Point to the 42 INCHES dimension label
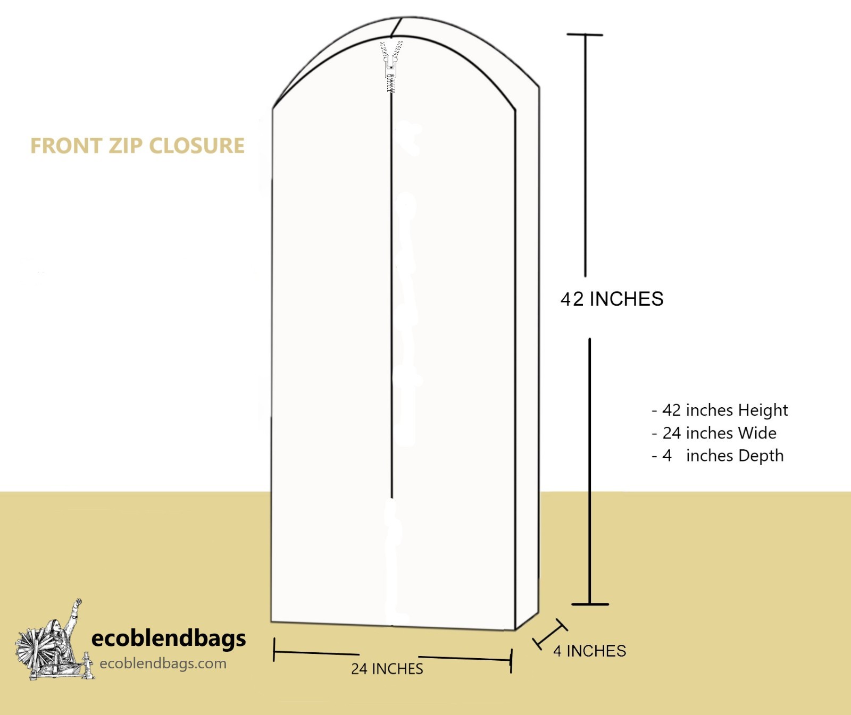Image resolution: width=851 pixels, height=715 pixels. coord(612,299)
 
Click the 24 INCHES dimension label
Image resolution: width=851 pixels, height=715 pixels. coord(387,669)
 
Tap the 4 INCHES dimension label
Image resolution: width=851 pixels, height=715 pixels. coord(589,651)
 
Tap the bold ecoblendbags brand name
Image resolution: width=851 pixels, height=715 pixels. coord(169,638)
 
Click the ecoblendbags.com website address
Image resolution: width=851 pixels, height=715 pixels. coord(163,663)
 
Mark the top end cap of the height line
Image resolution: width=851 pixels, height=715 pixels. coord(585,35)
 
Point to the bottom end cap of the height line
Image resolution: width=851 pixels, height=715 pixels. coord(590,604)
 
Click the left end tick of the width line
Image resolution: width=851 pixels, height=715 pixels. coord(274,650)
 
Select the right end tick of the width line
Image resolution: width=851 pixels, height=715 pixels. coord(511,661)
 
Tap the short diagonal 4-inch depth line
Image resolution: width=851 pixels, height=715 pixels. coord(550,634)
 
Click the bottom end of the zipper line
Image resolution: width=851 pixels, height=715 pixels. coord(392,497)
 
